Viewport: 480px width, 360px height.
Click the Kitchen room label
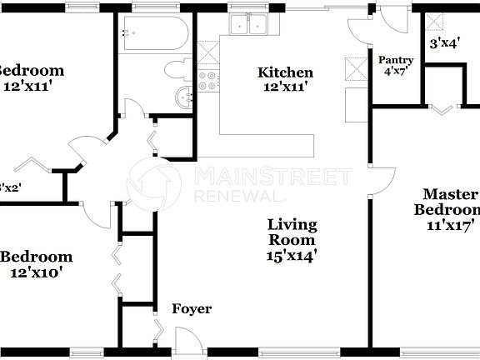pyautogui.click(x=285, y=72)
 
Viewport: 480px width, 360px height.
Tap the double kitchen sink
pyautogui.click(x=248, y=26)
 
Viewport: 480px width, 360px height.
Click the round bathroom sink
pyautogui.click(x=183, y=97)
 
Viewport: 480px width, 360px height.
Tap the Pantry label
pyautogui.click(x=396, y=61)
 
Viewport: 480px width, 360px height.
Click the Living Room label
pyautogui.click(x=292, y=233)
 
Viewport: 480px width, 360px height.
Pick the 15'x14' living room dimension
pyautogui.click(x=292, y=257)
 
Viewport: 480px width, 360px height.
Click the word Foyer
pyautogui.click(x=192, y=309)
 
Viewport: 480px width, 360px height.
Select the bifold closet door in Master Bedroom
pyautogui.click(x=442, y=107)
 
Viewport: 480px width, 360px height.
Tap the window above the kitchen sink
pyautogui.click(x=248, y=7)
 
